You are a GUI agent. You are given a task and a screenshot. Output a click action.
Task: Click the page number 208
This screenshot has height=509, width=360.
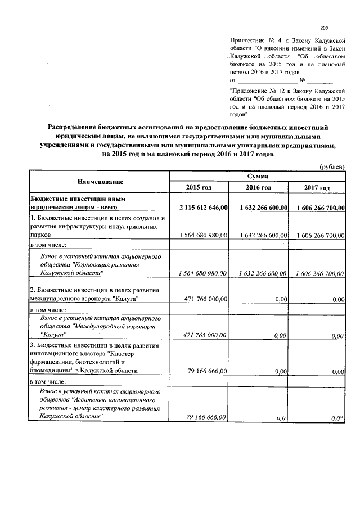coord(324,28)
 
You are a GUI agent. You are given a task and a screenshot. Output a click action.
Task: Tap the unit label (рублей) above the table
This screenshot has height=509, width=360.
coord(332,167)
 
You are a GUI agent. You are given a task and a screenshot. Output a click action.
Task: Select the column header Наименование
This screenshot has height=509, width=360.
coord(101,182)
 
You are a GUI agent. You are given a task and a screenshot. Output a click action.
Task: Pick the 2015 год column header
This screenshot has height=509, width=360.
coord(199,187)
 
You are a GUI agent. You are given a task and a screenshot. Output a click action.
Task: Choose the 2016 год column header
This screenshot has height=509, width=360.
coord(259,187)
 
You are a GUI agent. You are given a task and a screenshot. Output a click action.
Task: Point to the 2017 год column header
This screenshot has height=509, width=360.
coord(317,187)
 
